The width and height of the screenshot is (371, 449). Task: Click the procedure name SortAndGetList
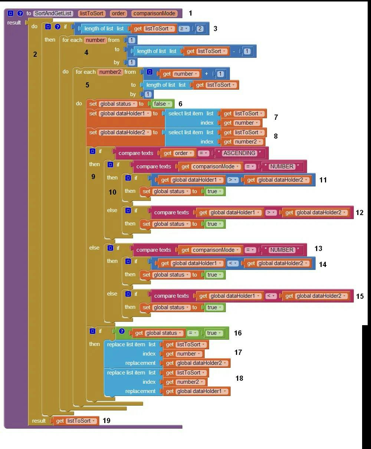tap(53, 13)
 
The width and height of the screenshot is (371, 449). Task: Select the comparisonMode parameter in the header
tap(154, 13)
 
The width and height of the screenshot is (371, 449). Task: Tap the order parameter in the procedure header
tap(118, 13)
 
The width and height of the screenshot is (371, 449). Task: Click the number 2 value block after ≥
tap(200, 29)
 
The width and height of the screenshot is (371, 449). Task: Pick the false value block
tap(162, 104)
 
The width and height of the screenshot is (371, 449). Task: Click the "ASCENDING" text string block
tap(239, 153)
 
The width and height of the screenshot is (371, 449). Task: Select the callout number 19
tap(106, 420)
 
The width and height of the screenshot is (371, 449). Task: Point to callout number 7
tap(276, 117)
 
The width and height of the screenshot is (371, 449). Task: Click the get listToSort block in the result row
tap(76, 421)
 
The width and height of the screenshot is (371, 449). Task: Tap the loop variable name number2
tap(110, 72)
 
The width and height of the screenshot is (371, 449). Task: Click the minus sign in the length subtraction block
tap(234, 51)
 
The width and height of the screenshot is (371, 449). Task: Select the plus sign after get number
tap(206, 74)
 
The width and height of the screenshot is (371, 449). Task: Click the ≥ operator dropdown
tap(184, 29)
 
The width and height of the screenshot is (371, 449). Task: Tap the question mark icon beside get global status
tap(122, 331)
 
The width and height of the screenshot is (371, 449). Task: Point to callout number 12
tap(359, 212)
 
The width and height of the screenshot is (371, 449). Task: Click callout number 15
tap(359, 296)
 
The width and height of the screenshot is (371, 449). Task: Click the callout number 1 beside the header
tap(190, 13)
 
